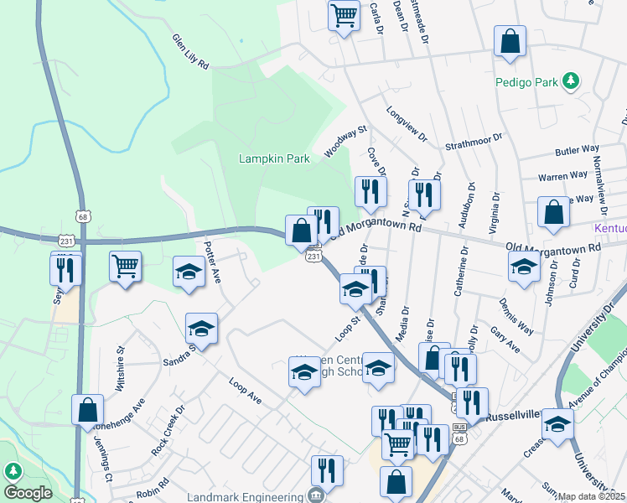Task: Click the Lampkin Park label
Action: [x=274, y=158]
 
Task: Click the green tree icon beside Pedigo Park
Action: [x=572, y=80]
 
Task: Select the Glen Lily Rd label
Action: [x=190, y=52]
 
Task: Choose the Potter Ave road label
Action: [x=211, y=262]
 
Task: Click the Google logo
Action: [x=28, y=493]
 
